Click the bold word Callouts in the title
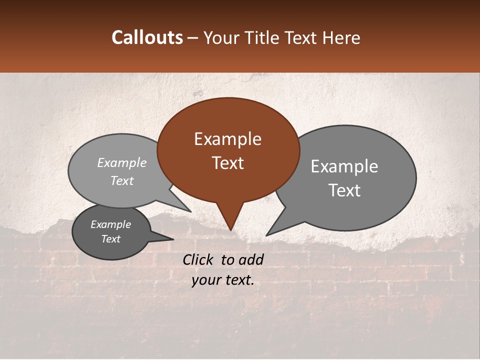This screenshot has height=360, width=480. pos(147,37)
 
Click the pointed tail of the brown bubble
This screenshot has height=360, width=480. pos(230,220)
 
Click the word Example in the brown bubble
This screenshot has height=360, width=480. pos(227,139)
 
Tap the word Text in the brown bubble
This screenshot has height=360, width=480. pos(227,163)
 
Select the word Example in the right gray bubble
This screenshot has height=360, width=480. pos(344,166)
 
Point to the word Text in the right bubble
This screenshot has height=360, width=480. pos(344,190)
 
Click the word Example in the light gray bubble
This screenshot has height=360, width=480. pos(121,163)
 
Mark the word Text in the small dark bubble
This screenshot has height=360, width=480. pos(110,239)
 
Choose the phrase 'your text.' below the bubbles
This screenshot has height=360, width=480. pos(223,280)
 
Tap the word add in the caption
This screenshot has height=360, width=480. pos(251,259)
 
